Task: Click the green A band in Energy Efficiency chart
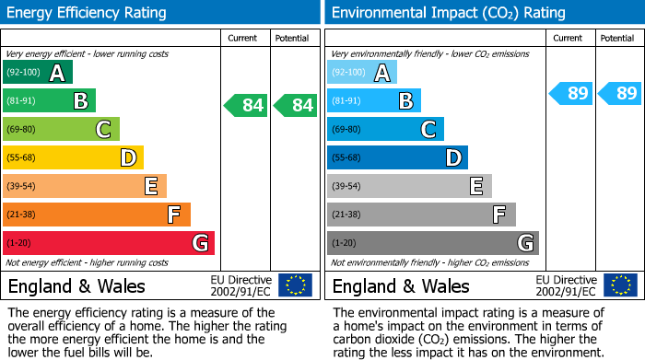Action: pyautogui.click(x=37, y=73)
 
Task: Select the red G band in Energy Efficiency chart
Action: pyautogui.click(x=108, y=243)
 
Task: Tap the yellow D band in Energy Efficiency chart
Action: pyautogui.click(x=73, y=158)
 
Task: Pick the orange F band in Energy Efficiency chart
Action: pyautogui.click(x=96, y=215)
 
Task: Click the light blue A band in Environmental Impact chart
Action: pyautogui.click(x=362, y=73)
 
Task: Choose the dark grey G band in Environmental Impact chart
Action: pyautogui.click(x=432, y=243)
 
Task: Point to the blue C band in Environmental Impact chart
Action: pyautogui.click(x=385, y=130)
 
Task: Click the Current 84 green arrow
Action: pyautogui.click(x=246, y=105)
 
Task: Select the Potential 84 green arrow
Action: pyautogui.click(x=295, y=105)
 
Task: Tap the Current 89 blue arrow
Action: pyautogui.click(x=570, y=93)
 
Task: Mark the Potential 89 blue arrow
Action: pyautogui.click(x=619, y=93)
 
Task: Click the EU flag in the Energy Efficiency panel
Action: pyautogui.click(x=295, y=285)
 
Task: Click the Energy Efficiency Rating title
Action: pyautogui.click(x=88, y=13)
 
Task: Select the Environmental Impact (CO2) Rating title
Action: pyautogui.click(x=448, y=13)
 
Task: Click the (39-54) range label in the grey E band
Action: pyautogui.click(x=346, y=187)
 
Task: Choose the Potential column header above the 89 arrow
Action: pyautogui.click(x=617, y=38)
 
